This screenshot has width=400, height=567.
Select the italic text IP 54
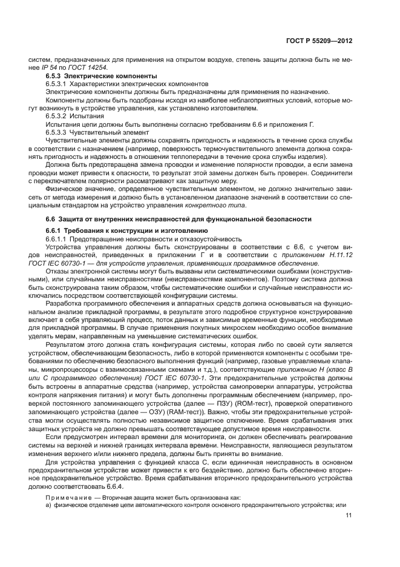pos(54,69)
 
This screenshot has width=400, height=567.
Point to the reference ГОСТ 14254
pos(90,69)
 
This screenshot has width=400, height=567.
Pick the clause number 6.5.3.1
pos(58,84)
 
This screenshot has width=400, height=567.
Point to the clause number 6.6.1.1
pos(58,239)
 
